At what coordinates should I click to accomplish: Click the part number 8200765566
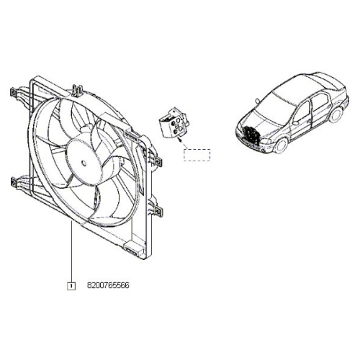click(108, 286)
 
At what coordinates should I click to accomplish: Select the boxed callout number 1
click(71, 286)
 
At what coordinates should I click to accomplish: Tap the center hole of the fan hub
click(84, 163)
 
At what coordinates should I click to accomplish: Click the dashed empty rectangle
click(197, 155)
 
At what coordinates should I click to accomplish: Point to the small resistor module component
click(174, 123)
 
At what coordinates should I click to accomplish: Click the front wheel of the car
click(281, 145)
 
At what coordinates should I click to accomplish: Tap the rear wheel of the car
click(336, 114)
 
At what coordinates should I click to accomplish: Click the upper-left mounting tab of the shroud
click(14, 92)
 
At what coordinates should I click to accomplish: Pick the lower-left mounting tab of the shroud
click(14, 182)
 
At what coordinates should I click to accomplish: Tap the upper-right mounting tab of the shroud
click(157, 161)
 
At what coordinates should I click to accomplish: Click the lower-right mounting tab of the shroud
click(158, 211)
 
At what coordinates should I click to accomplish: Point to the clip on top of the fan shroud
click(77, 91)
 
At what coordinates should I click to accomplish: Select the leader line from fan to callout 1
click(71, 251)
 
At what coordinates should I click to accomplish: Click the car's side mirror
click(296, 123)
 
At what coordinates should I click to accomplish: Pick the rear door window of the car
click(319, 101)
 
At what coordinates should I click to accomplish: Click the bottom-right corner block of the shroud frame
click(135, 249)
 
